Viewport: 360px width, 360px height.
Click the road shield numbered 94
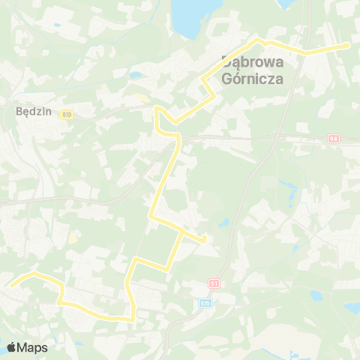(334, 139)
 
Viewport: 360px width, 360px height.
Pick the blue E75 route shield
(205, 303)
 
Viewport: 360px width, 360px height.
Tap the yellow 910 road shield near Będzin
(67, 115)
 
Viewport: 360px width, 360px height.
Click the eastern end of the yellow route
(349, 45)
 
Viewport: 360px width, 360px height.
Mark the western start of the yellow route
(10, 285)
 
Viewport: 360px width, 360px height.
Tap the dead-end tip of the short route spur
(205, 241)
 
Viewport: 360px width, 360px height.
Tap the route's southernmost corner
(133, 319)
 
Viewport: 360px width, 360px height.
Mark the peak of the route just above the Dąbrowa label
(259, 39)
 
